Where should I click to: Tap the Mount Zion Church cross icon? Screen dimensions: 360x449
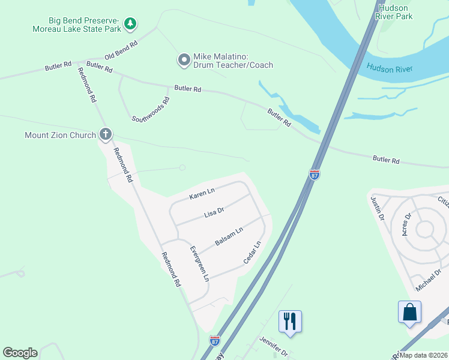[106, 135]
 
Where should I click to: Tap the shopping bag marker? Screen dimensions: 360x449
[409, 312]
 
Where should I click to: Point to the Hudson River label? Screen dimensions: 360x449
[390, 69]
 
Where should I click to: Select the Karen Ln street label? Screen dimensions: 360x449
[202, 193]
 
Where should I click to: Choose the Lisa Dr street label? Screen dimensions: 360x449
[214, 212]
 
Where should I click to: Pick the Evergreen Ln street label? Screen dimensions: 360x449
[199, 263]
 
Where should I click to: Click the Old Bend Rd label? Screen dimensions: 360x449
[121, 50]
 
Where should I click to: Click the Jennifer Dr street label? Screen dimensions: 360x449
[274, 347]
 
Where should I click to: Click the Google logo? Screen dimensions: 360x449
[20, 353]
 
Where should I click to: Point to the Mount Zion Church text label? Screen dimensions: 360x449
[60, 135]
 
